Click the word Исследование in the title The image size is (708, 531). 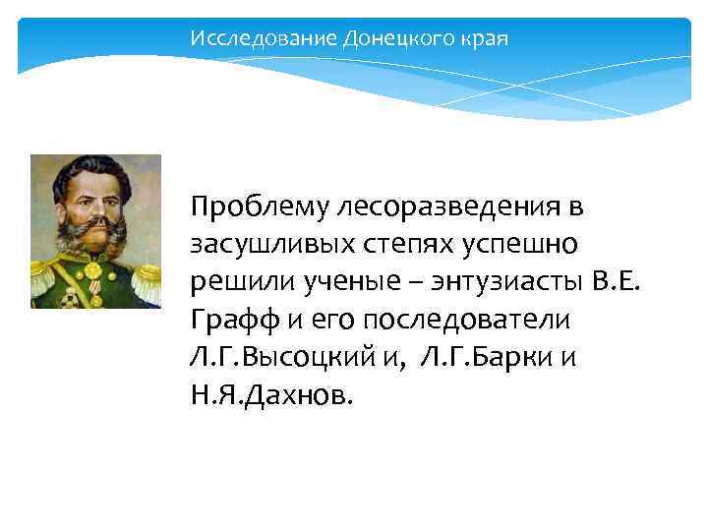click(263, 39)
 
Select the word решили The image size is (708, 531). click(235, 282)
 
